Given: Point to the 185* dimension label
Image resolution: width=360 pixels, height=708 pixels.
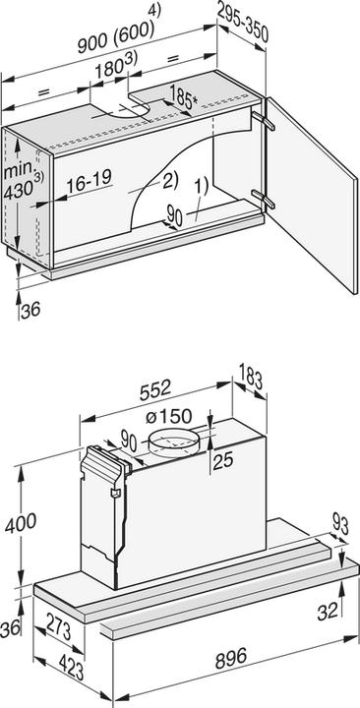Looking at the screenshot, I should pos(183,97).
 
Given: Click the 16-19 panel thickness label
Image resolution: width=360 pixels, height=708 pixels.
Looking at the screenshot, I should pos(88,183).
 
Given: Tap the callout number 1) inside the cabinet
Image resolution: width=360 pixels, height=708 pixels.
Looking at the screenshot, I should pos(200,183).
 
